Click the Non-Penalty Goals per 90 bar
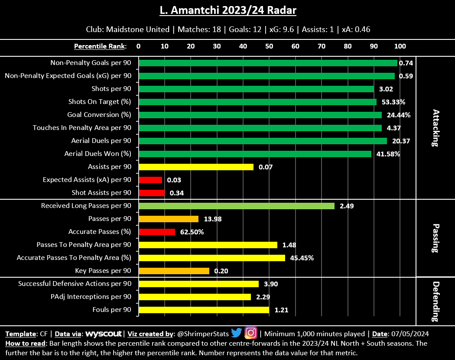(x=268, y=63)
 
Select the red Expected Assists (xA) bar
(x=150, y=180)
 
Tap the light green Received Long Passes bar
(x=236, y=206)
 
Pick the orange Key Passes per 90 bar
(x=174, y=271)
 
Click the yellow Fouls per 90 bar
(x=204, y=310)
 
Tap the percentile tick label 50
(x=269, y=46)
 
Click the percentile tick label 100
(x=400, y=46)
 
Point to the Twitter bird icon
(x=236, y=333)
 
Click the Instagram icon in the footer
(x=251, y=333)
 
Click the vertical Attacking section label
(x=436, y=128)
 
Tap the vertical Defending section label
(x=436, y=301)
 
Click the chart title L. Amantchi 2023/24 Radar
(x=227, y=10)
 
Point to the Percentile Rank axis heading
(x=100, y=46)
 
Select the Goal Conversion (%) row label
(x=99, y=115)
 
